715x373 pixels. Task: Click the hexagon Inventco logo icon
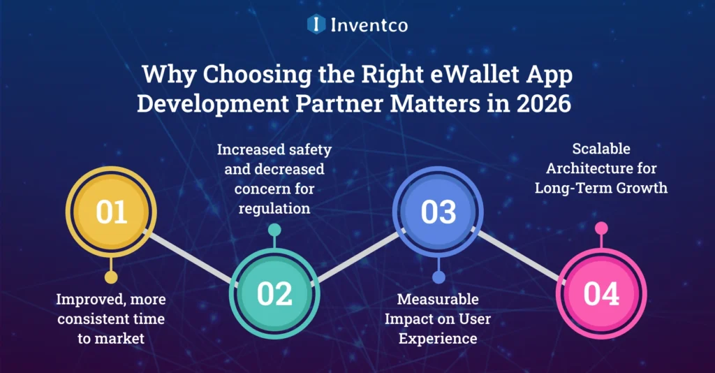(x=317, y=24)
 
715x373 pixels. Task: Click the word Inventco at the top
(x=368, y=25)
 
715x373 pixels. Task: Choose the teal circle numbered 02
(x=274, y=294)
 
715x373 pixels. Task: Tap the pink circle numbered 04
(x=601, y=294)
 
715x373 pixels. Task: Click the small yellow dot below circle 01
(x=111, y=277)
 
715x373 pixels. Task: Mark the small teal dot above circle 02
(x=274, y=229)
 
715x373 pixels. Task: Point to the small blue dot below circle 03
(x=438, y=277)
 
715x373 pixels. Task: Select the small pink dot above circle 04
(x=601, y=228)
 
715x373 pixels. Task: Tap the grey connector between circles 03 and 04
(x=520, y=254)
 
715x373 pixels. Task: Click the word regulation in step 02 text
(x=274, y=207)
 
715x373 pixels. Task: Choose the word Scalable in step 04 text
(x=601, y=149)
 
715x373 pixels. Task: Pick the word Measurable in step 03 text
(x=438, y=300)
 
